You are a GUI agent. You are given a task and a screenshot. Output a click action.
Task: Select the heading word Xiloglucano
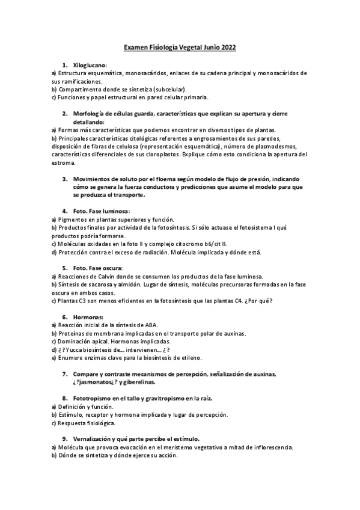90,64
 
